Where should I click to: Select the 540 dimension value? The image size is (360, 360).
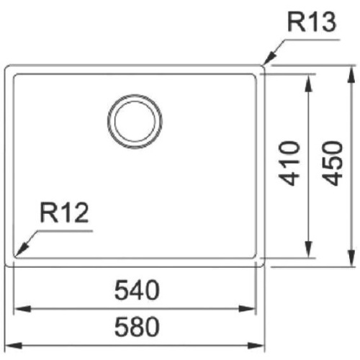pyautogui.click(x=137, y=292)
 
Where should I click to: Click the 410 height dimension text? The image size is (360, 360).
pyautogui.click(x=289, y=164)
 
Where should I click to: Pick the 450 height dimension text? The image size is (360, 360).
pyautogui.click(x=332, y=164)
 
